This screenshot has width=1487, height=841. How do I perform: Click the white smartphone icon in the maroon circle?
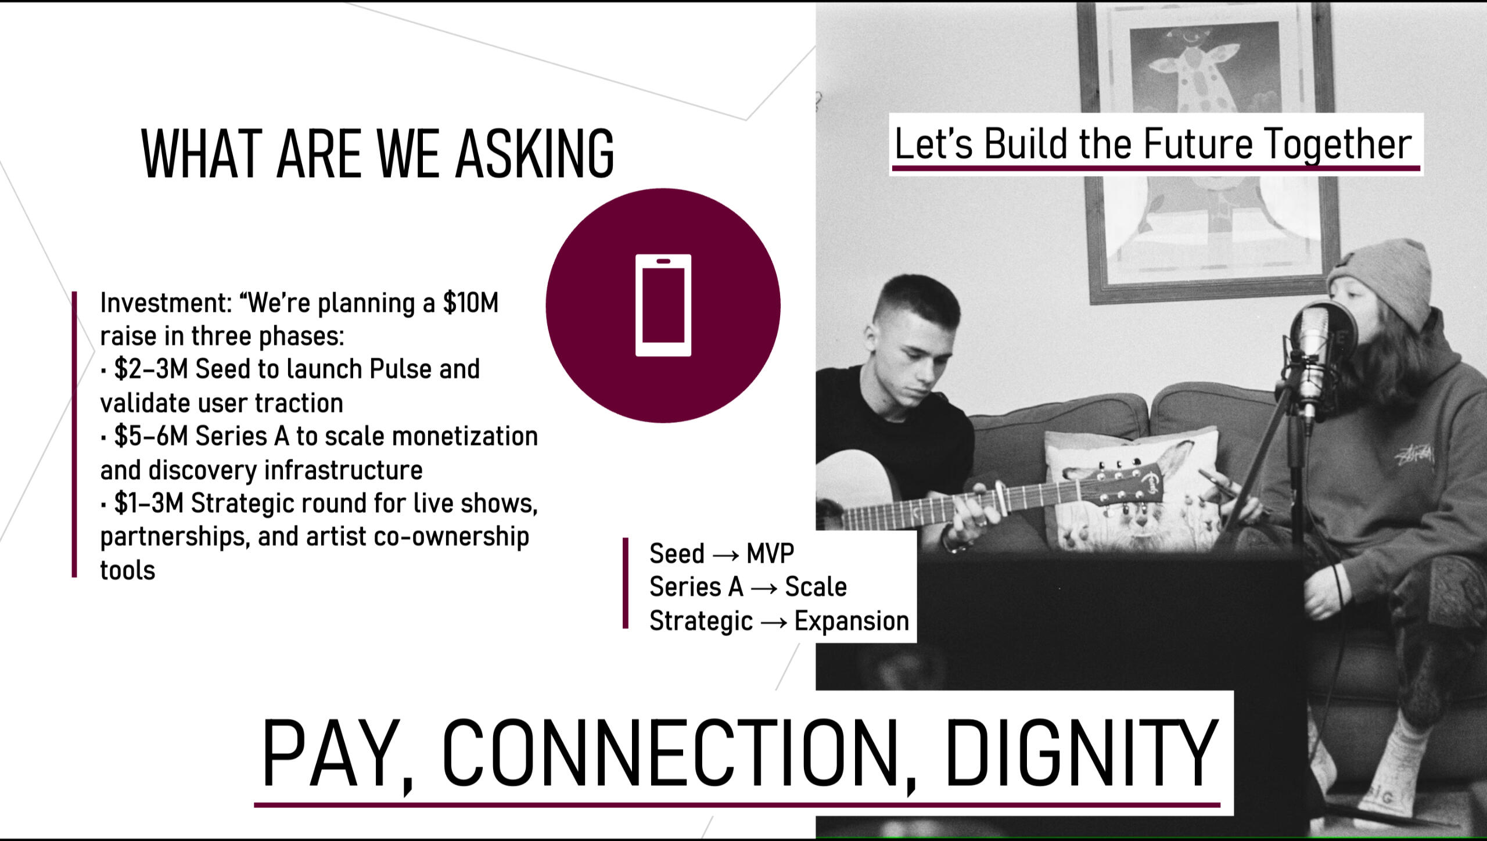(x=663, y=305)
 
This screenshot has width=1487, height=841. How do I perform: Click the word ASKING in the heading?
(x=535, y=153)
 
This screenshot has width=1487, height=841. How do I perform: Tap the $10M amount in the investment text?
(x=470, y=303)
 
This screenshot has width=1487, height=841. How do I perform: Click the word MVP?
(x=770, y=554)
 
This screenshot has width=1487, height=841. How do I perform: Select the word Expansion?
(x=852, y=621)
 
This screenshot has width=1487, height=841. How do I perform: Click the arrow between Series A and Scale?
(x=764, y=589)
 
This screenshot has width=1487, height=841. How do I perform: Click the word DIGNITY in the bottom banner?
(x=1082, y=753)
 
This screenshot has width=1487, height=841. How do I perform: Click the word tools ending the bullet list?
(x=128, y=570)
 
